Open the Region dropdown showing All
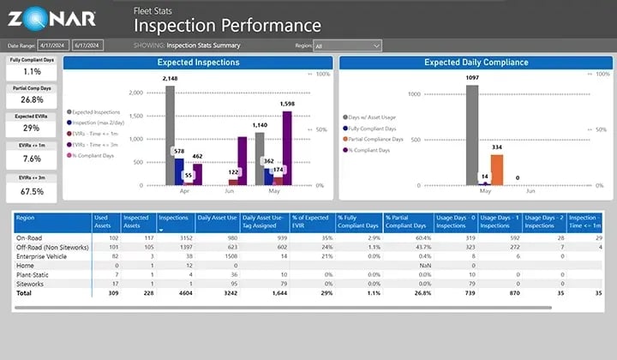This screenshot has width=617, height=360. point(347,45)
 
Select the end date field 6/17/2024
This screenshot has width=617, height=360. point(87,45)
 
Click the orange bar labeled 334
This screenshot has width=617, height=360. point(496,170)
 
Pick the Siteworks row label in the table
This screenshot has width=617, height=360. point(32,283)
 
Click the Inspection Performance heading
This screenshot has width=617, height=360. point(227,27)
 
